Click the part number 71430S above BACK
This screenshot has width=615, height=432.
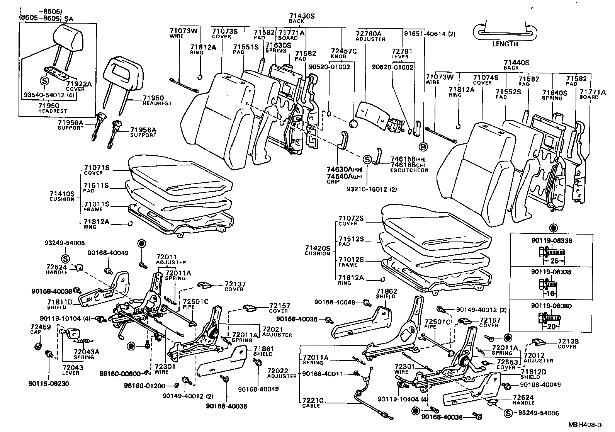pyautogui.click(x=302, y=16)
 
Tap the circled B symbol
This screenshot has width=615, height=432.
pyautogui.click(x=423, y=147)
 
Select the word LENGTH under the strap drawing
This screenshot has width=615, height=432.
pyautogui.click(x=505, y=44)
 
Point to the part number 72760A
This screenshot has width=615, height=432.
pyautogui.click(x=368, y=34)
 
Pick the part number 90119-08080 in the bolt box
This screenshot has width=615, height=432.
pyautogui.click(x=551, y=306)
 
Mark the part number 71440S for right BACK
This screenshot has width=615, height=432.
pyautogui.click(x=516, y=62)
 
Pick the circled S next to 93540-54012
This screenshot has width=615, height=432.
pyautogui.click(x=44, y=81)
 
